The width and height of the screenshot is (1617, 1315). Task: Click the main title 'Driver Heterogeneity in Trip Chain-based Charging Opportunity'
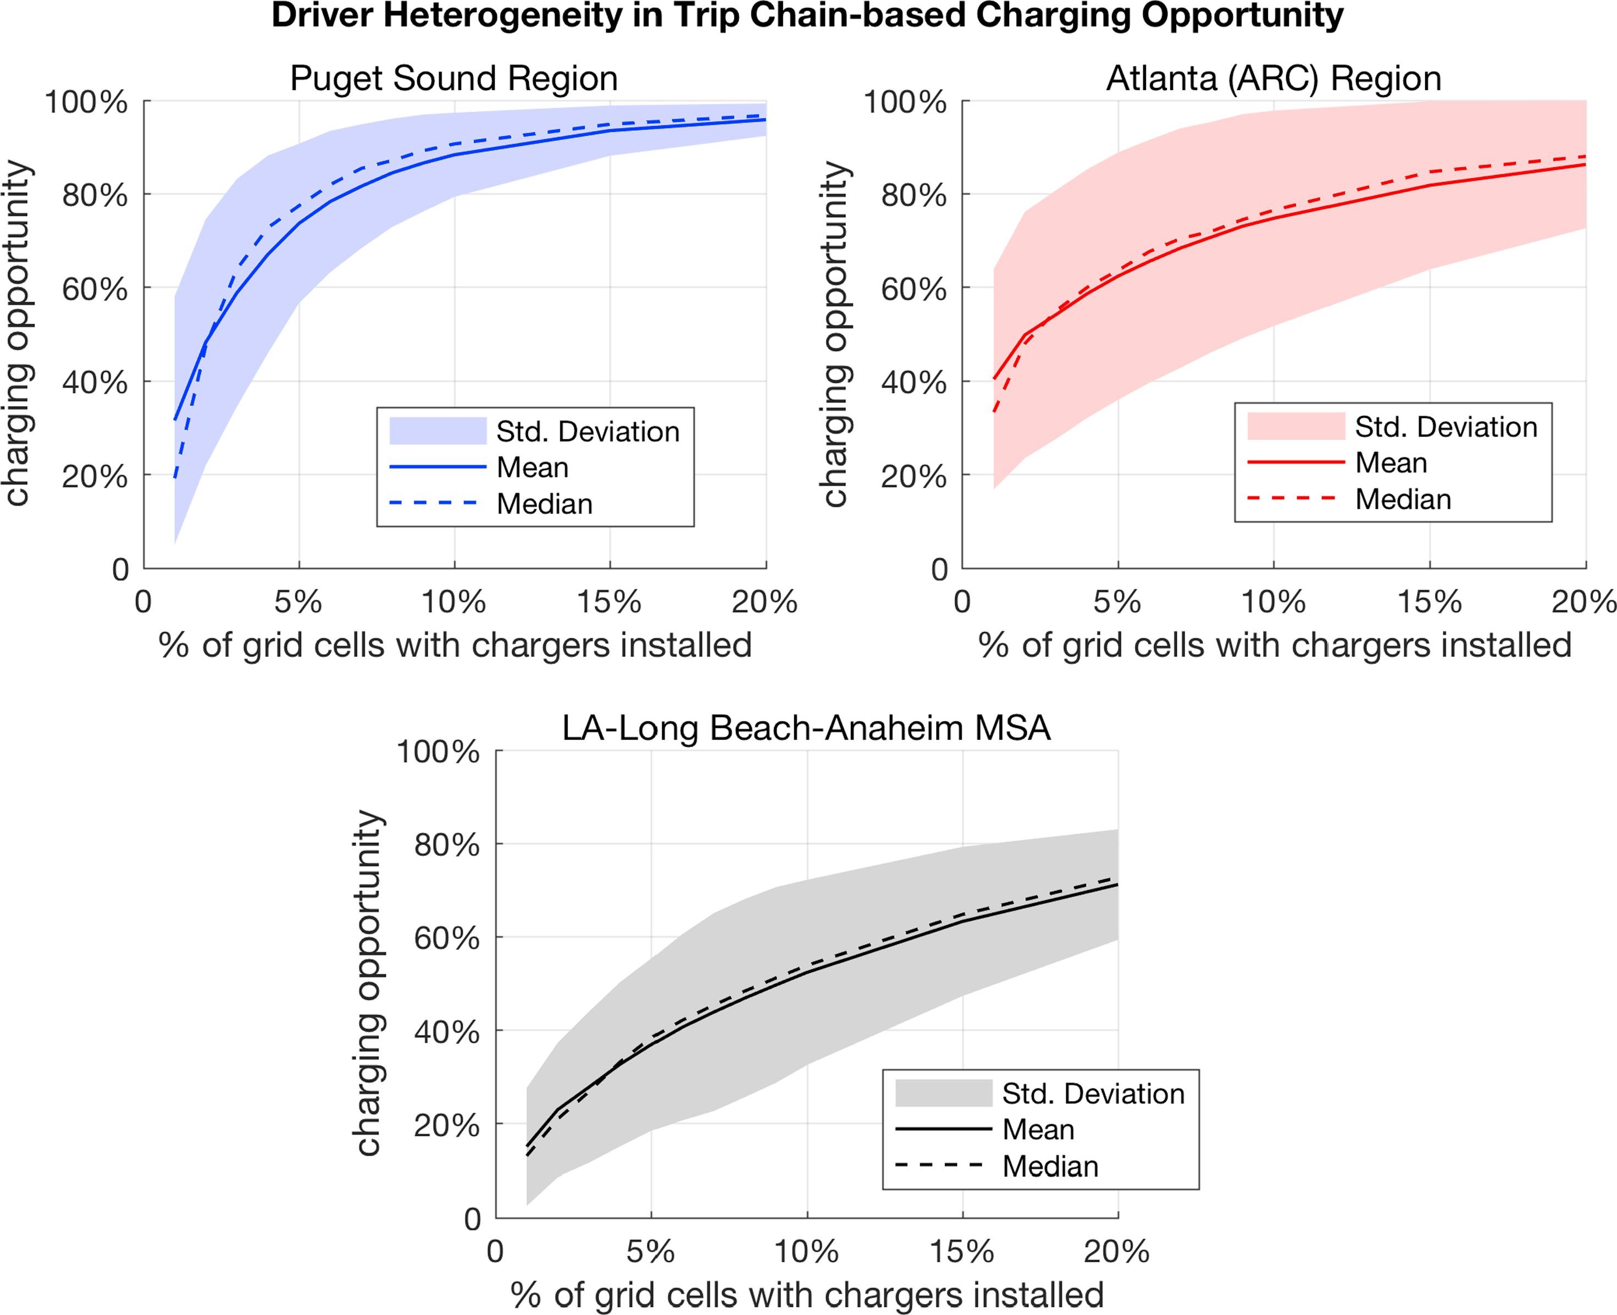(x=807, y=16)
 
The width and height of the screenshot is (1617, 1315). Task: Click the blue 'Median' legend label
(x=545, y=504)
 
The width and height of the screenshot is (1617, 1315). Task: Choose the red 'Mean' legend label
(x=1391, y=463)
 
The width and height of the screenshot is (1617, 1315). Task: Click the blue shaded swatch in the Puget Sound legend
(x=437, y=431)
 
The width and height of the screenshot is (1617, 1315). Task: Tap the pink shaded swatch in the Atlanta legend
(x=1296, y=427)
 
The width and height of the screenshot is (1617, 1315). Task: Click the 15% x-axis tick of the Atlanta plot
(x=1429, y=602)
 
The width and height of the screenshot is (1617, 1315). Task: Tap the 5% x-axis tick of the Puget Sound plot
(x=298, y=602)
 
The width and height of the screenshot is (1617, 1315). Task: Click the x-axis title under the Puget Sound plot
(x=455, y=645)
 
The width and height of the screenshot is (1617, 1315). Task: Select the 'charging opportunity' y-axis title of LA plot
(x=369, y=983)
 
